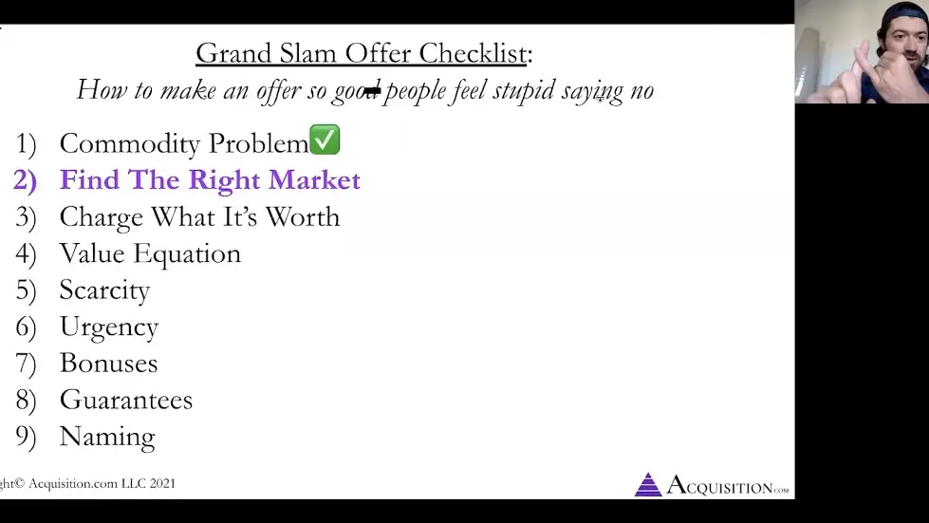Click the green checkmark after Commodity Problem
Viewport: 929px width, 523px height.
tap(325, 140)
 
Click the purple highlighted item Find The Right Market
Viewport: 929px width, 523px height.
tap(210, 179)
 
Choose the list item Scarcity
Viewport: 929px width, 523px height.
tap(104, 290)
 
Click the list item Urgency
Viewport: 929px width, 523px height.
tap(108, 327)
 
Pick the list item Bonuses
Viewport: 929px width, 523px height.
tap(108, 363)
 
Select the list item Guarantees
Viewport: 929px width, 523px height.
tap(125, 400)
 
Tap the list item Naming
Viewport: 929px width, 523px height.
tap(106, 437)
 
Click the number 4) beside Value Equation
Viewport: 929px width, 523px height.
tap(26, 253)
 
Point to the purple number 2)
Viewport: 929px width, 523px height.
tap(25, 180)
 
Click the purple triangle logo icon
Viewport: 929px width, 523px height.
tap(648, 484)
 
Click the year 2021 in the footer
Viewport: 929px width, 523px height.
tap(160, 484)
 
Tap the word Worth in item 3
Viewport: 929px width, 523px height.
tap(302, 216)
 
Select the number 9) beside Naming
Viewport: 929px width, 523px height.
tap(26, 437)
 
